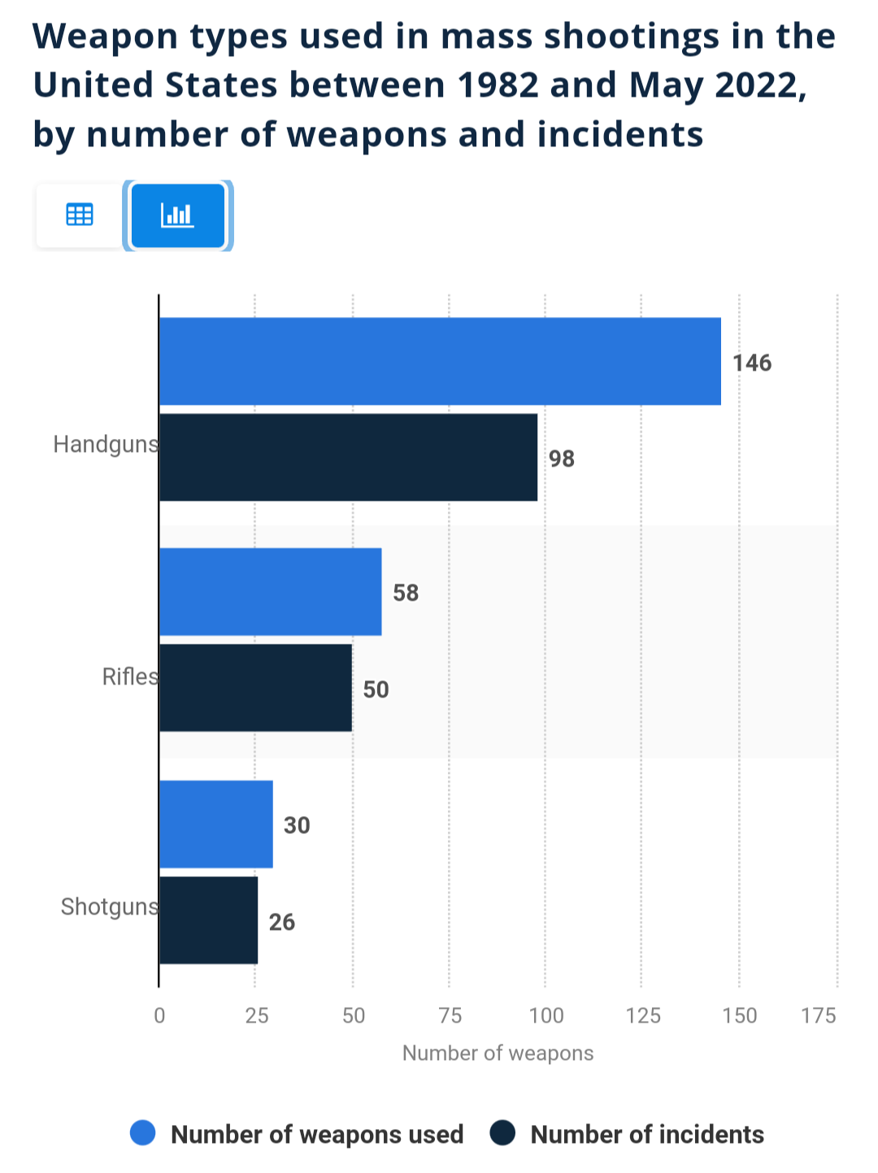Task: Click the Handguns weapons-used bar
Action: [x=440, y=361]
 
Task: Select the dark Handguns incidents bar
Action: [x=348, y=457]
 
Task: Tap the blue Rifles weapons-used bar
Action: [x=270, y=591]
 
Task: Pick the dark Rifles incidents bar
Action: [x=255, y=688]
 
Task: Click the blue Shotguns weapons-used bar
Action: [x=215, y=823]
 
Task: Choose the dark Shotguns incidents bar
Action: [x=208, y=920]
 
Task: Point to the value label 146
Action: [x=751, y=363]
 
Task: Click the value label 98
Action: [x=561, y=459]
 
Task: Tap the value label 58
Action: [x=405, y=593]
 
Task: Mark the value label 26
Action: [x=281, y=922]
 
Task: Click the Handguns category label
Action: [x=106, y=445]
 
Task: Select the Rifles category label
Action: [x=130, y=676]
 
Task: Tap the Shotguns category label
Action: [x=110, y=906]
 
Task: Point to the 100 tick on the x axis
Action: [x=545, y=1015]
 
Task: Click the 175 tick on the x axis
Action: [x=818, y=1015]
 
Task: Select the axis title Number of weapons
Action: [x=498, y=1054]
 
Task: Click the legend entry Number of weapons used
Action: [x=316, y=1134]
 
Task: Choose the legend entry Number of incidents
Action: [x=646, y=1134]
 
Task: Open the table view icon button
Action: [x=79, y=215]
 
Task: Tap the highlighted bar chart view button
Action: [x=177, y=215]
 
